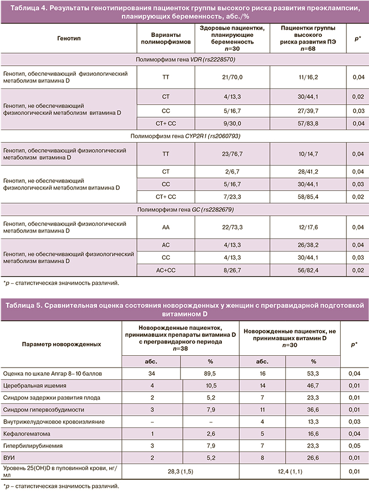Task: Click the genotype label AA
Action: pyautogui.click(x=166, y=227)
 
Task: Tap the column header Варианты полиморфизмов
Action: pyautogui.click(x=166, y=39)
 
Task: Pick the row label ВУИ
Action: pyautogui.click(x=9, y=457)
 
